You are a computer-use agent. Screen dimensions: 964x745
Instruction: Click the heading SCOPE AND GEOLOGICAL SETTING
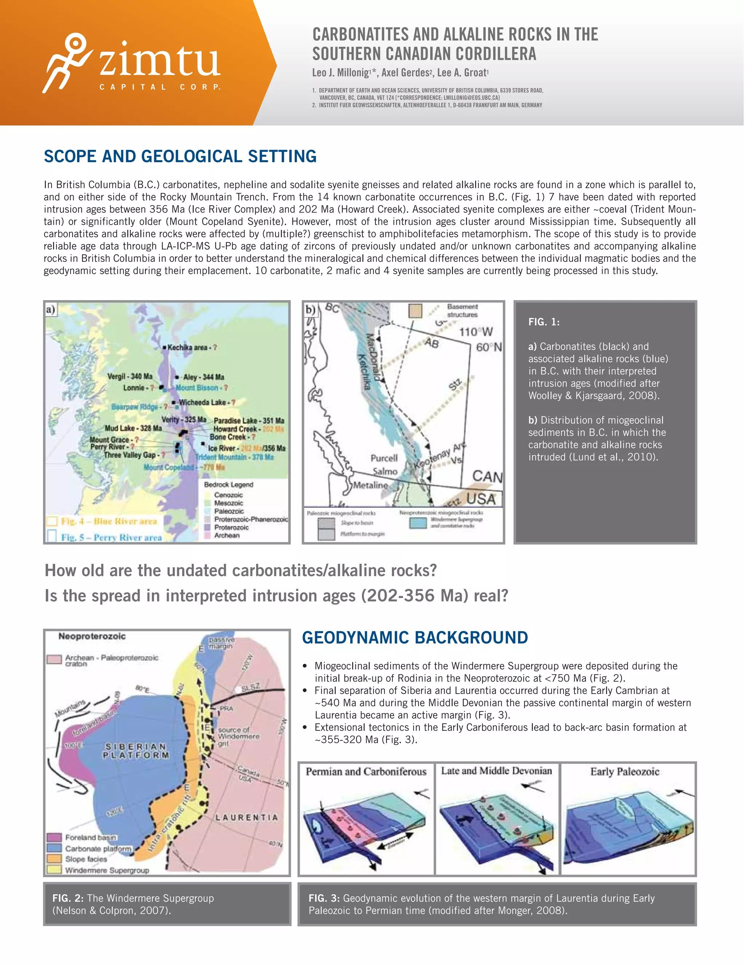click(180, 156)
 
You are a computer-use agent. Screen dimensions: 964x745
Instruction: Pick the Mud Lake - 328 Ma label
click(133, 428)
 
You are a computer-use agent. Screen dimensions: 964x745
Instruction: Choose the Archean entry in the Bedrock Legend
click(227, 535)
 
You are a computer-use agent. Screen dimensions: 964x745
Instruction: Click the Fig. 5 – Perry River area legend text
click(111, 537)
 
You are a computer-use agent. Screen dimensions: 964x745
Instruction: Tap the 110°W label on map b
click(475, 332)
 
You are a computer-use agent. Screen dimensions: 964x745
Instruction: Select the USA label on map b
click(481, 499)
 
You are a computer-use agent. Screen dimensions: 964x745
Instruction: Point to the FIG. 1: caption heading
click(544, 322)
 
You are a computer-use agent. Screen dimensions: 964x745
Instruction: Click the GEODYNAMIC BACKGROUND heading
click(414, 637)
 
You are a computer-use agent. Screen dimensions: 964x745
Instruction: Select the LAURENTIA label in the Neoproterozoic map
click(247, 817)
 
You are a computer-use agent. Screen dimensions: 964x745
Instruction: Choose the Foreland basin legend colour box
click(54, 837)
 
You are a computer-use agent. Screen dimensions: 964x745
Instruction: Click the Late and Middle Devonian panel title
click(497, 771)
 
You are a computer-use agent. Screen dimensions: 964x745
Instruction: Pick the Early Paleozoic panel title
click(625, 772)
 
